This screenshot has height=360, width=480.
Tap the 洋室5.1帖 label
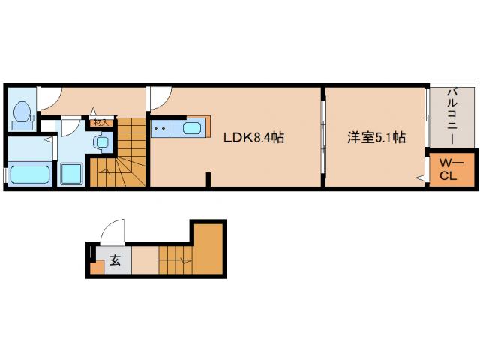tap(376, 138)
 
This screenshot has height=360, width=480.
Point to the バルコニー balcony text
tap(452, 116)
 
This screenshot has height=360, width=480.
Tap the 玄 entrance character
tap(115, 262)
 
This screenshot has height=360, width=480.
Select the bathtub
tap(29, 175)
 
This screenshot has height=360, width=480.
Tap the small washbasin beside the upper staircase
tap(100, 141)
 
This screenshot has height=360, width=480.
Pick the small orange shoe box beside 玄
tap(95, 267)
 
